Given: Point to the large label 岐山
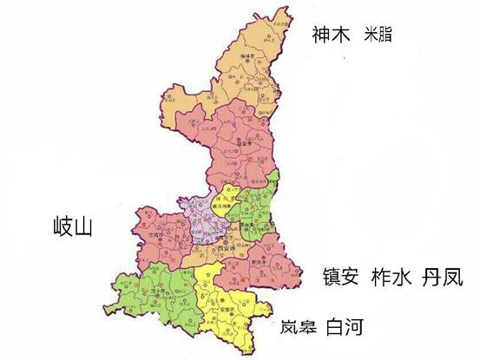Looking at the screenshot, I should [x=72, y=228].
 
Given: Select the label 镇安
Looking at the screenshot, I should [x=339, y=277].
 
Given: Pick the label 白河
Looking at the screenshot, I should [x=345, y=328].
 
